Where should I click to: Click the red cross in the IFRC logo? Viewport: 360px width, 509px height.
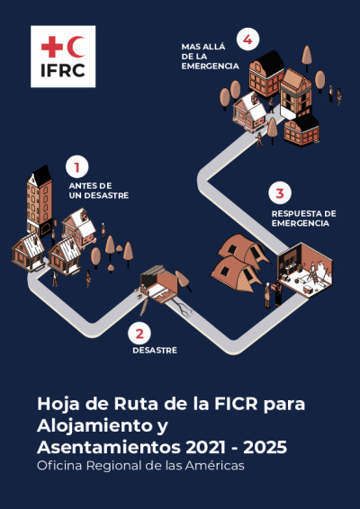(52, 47)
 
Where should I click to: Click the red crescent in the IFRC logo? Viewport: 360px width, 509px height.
(76, 47)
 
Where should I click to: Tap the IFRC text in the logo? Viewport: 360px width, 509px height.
(63, 70)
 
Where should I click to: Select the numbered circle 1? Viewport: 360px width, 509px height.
(77, 167)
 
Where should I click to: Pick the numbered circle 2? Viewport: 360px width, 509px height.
(139, 334)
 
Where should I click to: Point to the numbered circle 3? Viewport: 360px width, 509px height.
(280, 193)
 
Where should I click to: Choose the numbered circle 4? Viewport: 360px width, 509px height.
(247, 40)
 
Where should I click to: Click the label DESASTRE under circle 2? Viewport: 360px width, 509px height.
(155, 351)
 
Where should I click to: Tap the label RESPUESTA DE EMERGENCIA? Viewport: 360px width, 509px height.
(304, 219)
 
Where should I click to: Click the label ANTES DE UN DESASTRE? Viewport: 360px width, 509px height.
(99, 191)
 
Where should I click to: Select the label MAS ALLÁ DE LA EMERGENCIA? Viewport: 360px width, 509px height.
(211, 57)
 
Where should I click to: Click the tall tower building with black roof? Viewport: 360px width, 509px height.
(40, 201)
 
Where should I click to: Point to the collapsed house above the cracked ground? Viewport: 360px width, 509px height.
(159, 284)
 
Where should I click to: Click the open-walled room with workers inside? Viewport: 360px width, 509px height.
(305, 269)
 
